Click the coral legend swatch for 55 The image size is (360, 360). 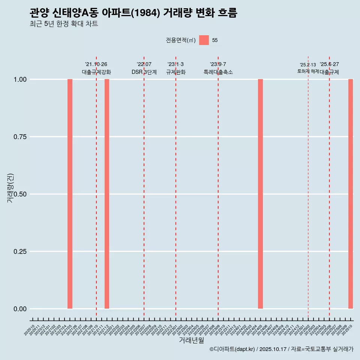coord(204,40)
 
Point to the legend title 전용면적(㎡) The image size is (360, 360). coord(181,40)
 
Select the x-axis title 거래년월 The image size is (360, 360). coord(191,340)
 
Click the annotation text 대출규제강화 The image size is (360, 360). coord(96,72)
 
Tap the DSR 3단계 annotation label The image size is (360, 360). coord(144,72)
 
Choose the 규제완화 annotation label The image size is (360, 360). coord(176,72)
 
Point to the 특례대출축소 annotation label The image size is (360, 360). coord(218,72)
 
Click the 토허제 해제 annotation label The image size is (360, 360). coord(308,71)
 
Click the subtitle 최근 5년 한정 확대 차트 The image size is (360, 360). coord(64,24)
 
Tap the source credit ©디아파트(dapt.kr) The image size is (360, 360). coord(232,349)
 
